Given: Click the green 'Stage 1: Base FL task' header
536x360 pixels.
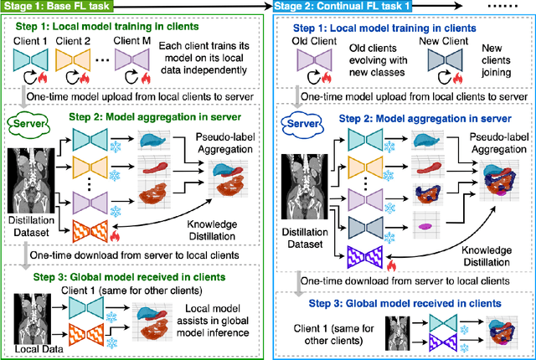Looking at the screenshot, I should [x=64, y=8].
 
